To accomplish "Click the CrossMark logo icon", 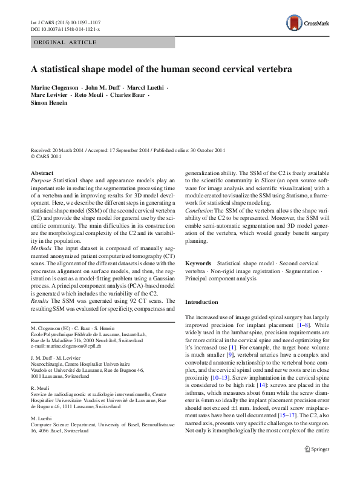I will pyautogui.click(x=295, y=24).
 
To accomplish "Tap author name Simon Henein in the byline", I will pyautogui.click(x=49, y=103).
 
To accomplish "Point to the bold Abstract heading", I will pyautogui.click(x=42, y=173).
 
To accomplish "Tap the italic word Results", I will pyautogui.click(x=40, y=300).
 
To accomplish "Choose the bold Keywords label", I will pyautogui.click(x=198, y=264).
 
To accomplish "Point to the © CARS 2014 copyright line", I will pyautogui.click(x=46, y=156).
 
